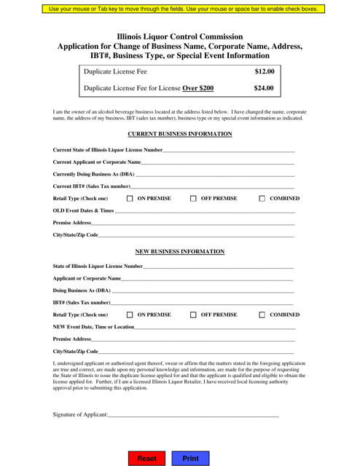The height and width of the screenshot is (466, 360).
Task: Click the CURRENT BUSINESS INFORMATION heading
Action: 179,134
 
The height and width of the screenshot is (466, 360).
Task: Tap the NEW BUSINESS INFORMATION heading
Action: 179,252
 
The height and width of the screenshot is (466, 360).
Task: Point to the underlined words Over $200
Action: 192,89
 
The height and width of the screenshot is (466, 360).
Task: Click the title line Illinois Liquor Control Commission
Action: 179,35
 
